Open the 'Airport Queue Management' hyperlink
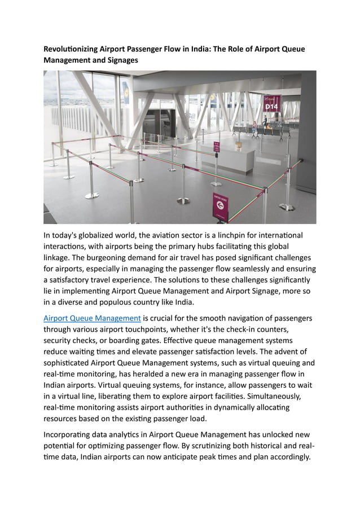tap(92, 318)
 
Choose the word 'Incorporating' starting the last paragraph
tap(70, 435)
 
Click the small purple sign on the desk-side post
tap(216, 147)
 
